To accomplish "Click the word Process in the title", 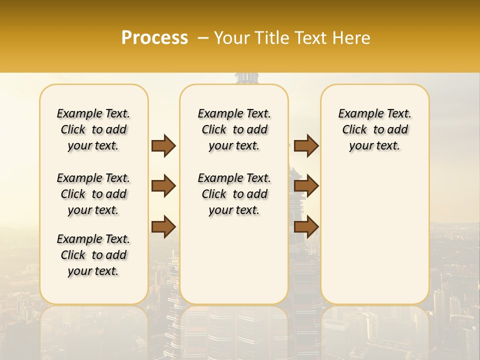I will coord(154,37).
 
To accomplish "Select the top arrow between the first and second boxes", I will coord(163,145).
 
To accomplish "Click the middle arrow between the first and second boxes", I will coord(163,186).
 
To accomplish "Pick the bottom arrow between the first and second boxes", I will coord(163,226).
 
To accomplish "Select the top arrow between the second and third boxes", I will coord(306,145).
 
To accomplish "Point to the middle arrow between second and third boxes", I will coord(306,186).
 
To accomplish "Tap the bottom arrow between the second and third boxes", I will coord(306,226).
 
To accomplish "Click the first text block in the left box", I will coord(93,129).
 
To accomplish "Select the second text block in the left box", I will coord(93,194).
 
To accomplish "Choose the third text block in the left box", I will coord(93,255).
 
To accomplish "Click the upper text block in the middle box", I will coord(234,129).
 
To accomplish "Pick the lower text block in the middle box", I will coord(234,194).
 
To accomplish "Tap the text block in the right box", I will coord(374,129).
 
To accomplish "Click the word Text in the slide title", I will coord(308,37).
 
